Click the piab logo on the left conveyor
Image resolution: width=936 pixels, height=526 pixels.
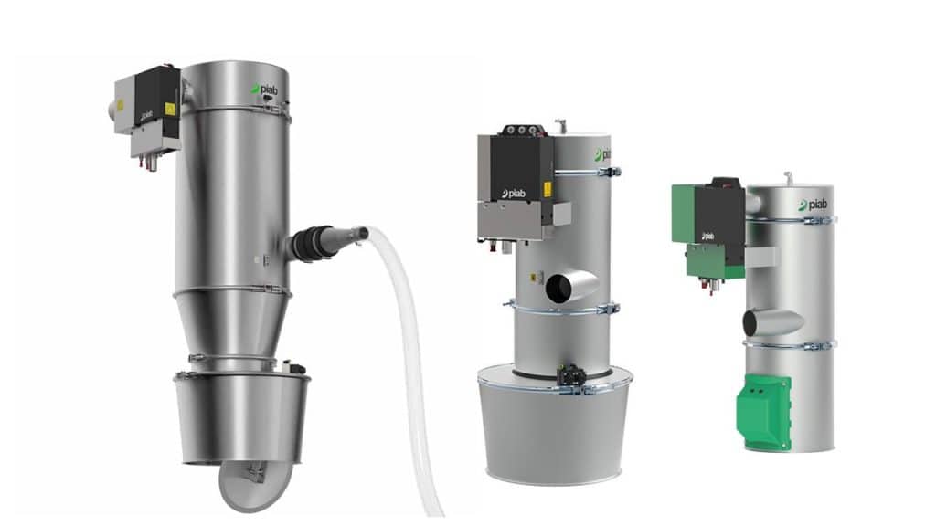point(267,89)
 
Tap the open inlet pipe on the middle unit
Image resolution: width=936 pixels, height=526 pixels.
point(560,288)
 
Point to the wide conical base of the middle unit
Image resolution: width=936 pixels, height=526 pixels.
point(556,429)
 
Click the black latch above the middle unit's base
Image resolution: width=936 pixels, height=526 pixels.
point(572,374)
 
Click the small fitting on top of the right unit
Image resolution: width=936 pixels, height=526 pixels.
point(788,176)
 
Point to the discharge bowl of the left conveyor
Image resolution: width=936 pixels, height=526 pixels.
point(241,416)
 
